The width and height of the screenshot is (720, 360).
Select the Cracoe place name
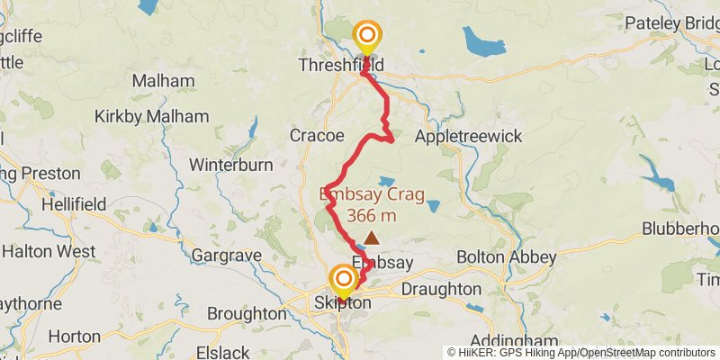(317, 136)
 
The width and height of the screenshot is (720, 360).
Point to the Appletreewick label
(469, 136)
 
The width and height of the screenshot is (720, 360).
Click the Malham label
(163, 81)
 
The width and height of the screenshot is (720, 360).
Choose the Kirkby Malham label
(151, 116)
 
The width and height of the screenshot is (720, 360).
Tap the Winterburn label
(231, 165)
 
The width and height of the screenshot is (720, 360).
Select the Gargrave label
(226, 256)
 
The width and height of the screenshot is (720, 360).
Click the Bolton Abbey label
(506, 256)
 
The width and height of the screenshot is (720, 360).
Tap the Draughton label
(440, 289)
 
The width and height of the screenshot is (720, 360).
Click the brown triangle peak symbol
(371, 239)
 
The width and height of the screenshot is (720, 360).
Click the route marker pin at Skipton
(343, 280)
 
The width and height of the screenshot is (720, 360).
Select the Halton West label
(49, 251)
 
